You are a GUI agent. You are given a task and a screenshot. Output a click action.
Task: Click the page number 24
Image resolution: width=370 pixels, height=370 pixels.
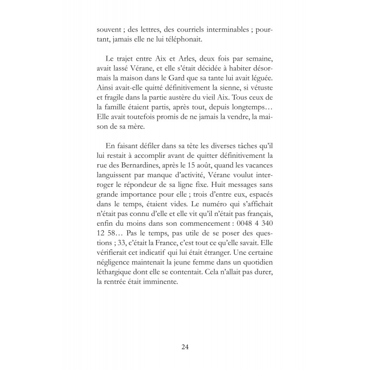pos(185,347)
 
